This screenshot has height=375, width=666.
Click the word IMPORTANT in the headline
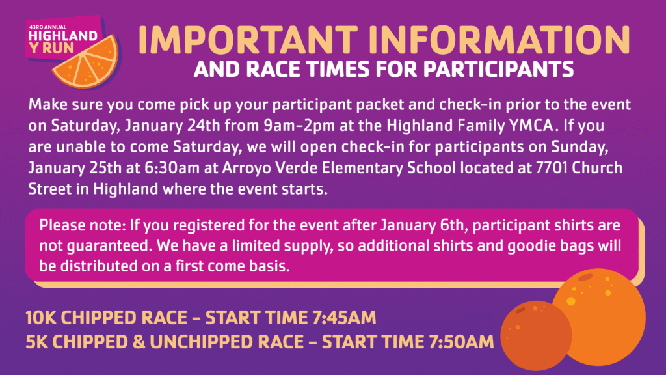pos(248,40)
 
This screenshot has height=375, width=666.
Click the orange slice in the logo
pos(87,62)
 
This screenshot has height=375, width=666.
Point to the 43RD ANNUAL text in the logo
pos(47,27)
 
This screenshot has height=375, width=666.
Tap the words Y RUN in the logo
pos(52,48)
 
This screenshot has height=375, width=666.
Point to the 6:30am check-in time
pos(172,167)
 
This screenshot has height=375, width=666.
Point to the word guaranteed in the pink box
pos(109,246)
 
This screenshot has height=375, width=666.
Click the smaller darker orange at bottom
pos(536,335)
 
